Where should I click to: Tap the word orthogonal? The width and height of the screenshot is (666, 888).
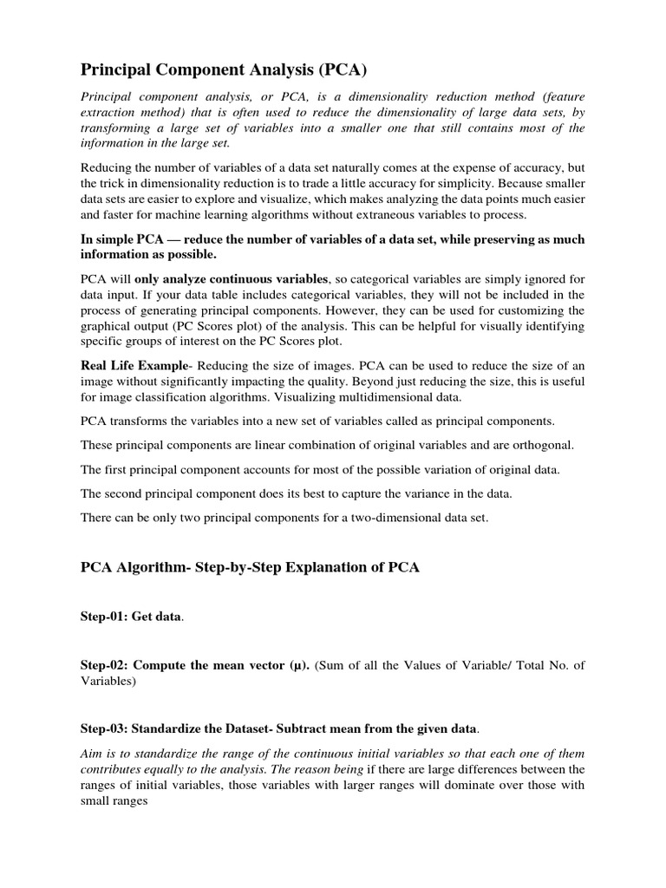pos(545,445)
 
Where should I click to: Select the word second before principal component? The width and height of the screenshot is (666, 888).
pos(128,493)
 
